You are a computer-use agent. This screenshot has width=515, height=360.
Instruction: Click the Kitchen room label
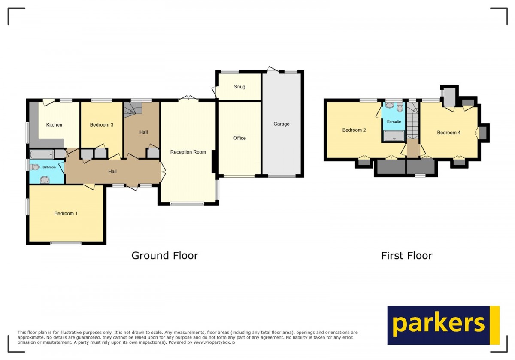(x=54, y=125)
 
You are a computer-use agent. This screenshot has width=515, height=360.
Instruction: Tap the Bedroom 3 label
(x=102, y=125)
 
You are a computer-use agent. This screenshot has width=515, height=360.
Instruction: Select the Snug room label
(x=239, y=87)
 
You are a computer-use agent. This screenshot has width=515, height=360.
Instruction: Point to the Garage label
(x=282, y=124)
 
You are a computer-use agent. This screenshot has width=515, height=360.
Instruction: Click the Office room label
(x=239, y=138)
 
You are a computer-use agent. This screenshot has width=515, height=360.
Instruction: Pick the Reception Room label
(x=188, y=152)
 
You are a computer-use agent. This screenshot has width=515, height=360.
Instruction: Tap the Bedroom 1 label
(x=66, y=213)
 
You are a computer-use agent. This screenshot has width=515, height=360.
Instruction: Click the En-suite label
(x=394, y=122)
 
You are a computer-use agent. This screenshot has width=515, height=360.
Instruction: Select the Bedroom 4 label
(x=449, y=133)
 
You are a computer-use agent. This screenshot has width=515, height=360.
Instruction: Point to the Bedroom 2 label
(x=354, y=130)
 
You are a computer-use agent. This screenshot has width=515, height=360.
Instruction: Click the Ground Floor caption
(x=165, y=256)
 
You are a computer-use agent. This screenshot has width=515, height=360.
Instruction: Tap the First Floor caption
(x=406, y=256)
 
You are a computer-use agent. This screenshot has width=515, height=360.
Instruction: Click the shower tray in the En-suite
(x=394, y=136)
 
